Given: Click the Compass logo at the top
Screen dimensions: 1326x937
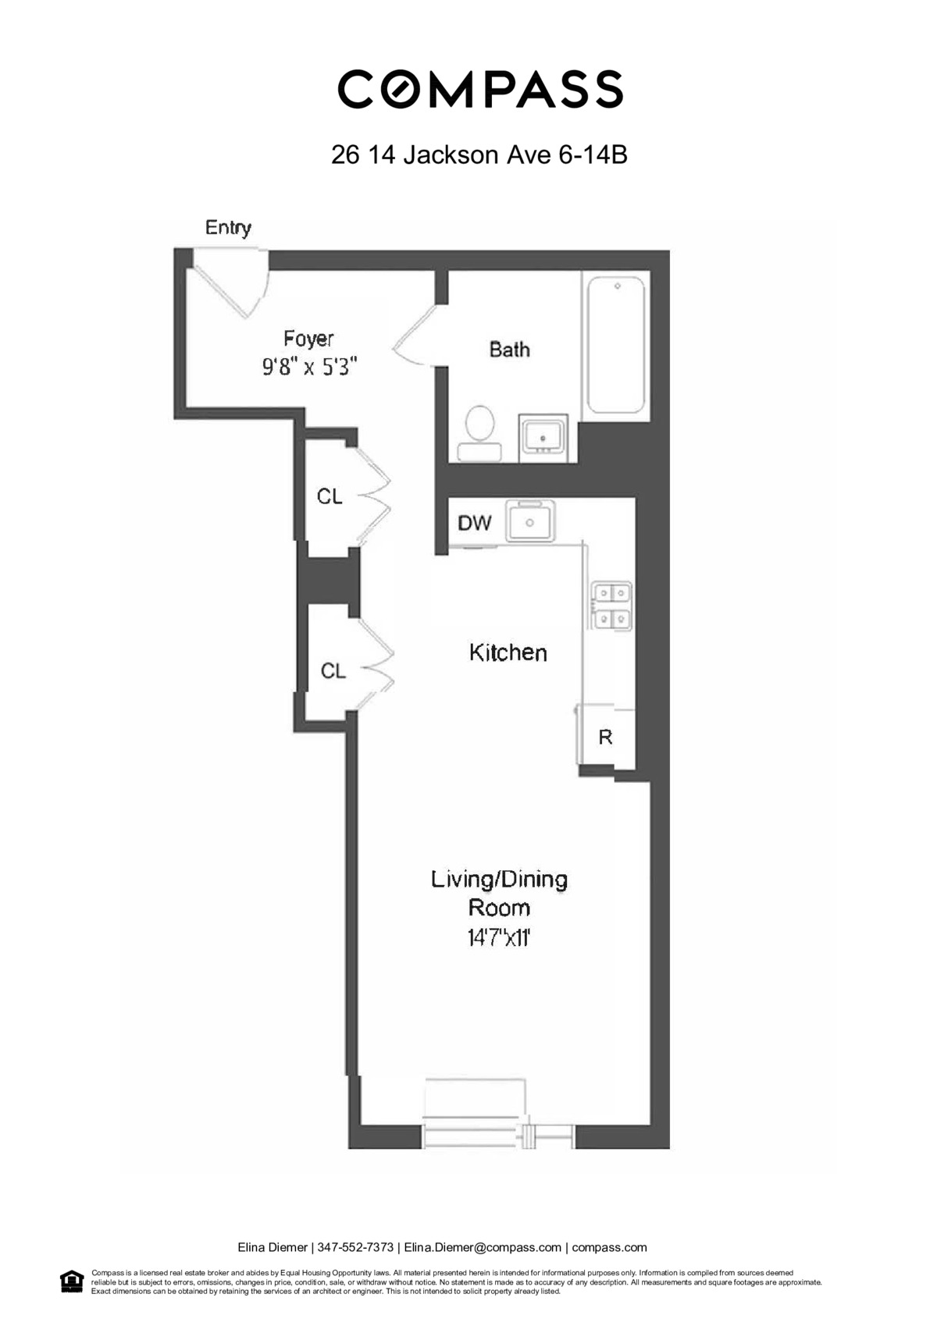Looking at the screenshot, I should (479, 88).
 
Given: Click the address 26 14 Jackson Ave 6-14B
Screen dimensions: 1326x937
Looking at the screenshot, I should (479, 155).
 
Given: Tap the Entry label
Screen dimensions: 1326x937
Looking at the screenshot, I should (228, 227).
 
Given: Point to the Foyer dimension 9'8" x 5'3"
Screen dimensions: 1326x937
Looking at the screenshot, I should (309, 366).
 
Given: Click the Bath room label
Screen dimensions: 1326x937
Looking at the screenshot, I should (509, 349).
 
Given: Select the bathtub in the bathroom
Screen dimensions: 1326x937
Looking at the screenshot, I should (616, 345).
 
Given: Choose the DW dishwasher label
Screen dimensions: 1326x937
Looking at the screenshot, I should (474, 523).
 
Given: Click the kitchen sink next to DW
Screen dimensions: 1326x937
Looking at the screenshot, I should (530, 521).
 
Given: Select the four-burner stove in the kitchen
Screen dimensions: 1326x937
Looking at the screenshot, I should (611, 606).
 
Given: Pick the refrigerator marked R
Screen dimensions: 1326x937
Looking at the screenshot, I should (605, 737).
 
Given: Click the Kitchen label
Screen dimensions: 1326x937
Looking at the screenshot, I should (508, 652).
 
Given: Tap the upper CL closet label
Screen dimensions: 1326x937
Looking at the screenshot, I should (329, 496).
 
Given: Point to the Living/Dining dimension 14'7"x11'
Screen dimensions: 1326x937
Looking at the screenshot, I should (499, 937).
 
